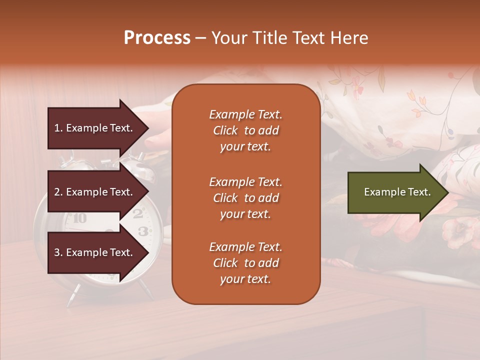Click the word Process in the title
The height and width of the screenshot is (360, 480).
157,38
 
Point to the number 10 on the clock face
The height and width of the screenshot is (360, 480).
79,218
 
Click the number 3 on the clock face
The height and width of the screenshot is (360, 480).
143,230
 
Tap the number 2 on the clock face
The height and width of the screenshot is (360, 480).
138,213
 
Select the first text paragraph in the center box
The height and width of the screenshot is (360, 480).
245,130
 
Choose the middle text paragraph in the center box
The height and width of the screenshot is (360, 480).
245,198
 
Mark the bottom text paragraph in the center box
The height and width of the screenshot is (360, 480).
245,263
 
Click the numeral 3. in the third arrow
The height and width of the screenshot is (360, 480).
58,252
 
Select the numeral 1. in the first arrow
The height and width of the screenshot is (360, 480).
58,128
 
